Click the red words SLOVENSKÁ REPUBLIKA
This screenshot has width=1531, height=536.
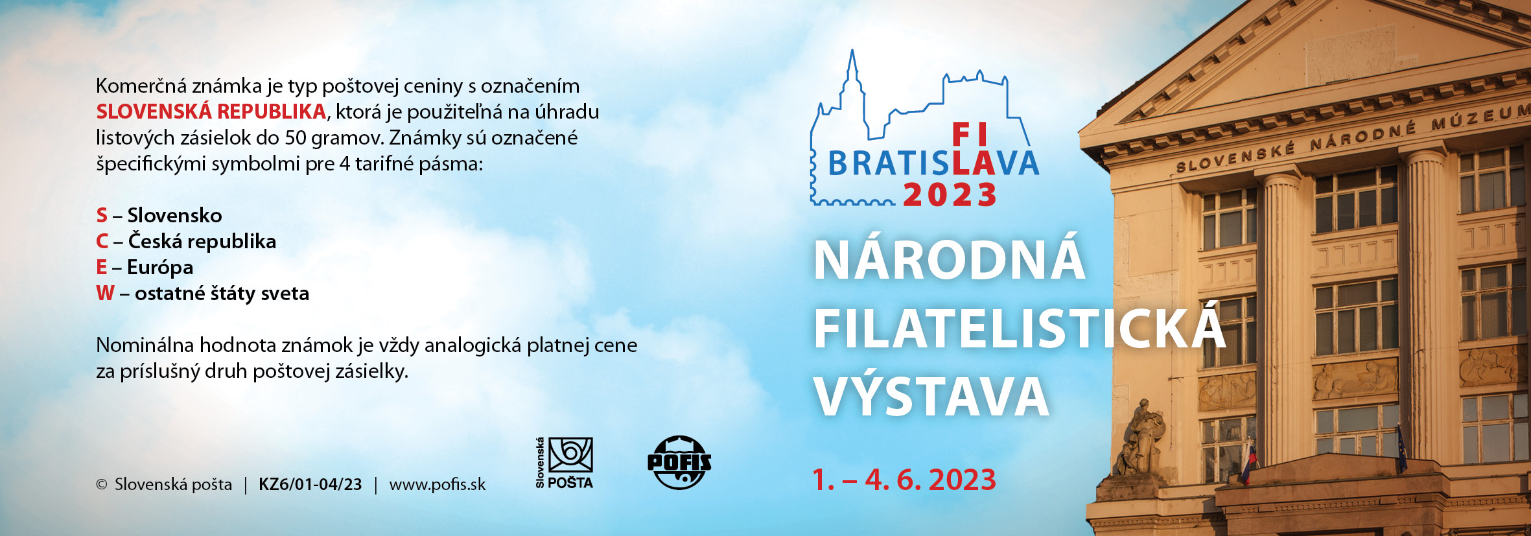coord(211,111)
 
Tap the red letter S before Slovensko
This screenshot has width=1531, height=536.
coord(102,215)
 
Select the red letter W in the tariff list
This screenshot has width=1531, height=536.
coord(105,293)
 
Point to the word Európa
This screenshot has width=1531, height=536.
coord(160,268)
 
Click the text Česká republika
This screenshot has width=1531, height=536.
coord(202,240)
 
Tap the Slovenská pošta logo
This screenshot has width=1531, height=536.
coord(565,463)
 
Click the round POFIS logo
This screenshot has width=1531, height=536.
coord(679,462)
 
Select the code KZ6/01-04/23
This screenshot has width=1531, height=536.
coord(310,484)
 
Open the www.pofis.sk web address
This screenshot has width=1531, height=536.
coord(438,485)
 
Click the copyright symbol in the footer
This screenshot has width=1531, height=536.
coord(102,484)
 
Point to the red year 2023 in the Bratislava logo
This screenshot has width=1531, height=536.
coord(950,195)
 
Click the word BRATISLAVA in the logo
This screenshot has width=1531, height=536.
coord(933,163)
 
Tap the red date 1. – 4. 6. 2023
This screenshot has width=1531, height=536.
coord(904,480)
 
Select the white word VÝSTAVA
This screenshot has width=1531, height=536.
coord(931,396)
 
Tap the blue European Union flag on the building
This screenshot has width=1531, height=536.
coord(1401,449)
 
